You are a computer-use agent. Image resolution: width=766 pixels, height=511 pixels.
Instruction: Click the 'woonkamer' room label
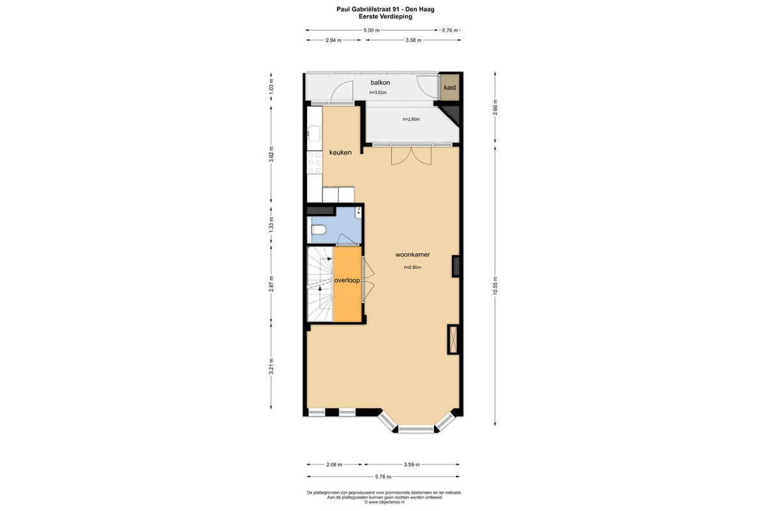point(412,255)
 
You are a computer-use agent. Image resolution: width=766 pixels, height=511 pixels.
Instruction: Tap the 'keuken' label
point(340,153)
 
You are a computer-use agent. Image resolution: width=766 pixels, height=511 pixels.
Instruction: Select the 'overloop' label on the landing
point(347,280)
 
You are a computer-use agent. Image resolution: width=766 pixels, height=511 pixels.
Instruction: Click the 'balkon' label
point(380,82)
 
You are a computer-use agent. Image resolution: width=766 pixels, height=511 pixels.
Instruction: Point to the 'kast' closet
point(449,88)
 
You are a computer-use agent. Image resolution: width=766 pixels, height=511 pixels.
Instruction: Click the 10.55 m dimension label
point(495,286)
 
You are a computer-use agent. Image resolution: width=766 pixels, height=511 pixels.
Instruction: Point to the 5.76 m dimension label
point(383,477)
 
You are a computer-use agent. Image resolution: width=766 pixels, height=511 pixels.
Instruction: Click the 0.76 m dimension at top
point(449,30)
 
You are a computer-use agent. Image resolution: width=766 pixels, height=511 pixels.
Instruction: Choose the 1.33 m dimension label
point(271,225)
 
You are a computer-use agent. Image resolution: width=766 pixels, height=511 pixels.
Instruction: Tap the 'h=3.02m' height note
point(378,93)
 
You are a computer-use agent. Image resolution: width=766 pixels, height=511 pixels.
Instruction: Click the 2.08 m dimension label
point(334,464)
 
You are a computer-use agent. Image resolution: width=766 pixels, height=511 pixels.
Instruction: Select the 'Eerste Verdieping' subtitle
point(386,17)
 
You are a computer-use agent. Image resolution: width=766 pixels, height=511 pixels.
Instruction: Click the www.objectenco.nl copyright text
point(384,502)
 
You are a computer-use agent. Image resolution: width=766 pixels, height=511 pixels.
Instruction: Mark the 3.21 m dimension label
point(271,366)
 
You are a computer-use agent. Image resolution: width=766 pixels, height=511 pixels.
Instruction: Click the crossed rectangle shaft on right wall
point(453,339)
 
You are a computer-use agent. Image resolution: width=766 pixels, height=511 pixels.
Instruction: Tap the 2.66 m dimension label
point(495,107)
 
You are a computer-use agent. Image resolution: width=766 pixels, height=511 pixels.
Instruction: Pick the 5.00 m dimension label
point(372,30)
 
